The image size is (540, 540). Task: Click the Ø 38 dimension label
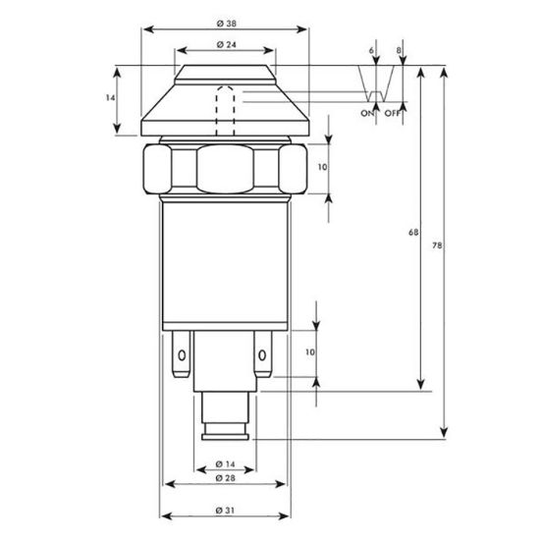pyautogui.click(x=226, y=24)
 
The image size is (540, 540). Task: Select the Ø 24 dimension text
pyautogui.click(x=226, y=45)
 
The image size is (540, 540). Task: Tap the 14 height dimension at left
pyautogui.click(x=110, y=98)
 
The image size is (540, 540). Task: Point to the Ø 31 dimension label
pyautogui.click(x=225, y=510)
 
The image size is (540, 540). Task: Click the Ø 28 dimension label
pyautogui.click(x=225, y=478)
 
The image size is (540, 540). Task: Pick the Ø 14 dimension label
pyautogui.click(x=225, y=464)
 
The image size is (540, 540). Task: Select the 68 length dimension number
pyautogui.click(x=413, y=233)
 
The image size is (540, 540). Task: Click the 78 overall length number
pyautogui.click(x=437, y=245)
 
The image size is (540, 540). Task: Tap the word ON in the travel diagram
pyautogui.click(x=367, y=113)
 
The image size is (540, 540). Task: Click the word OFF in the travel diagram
pyautogui.click(x=393, y=113)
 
